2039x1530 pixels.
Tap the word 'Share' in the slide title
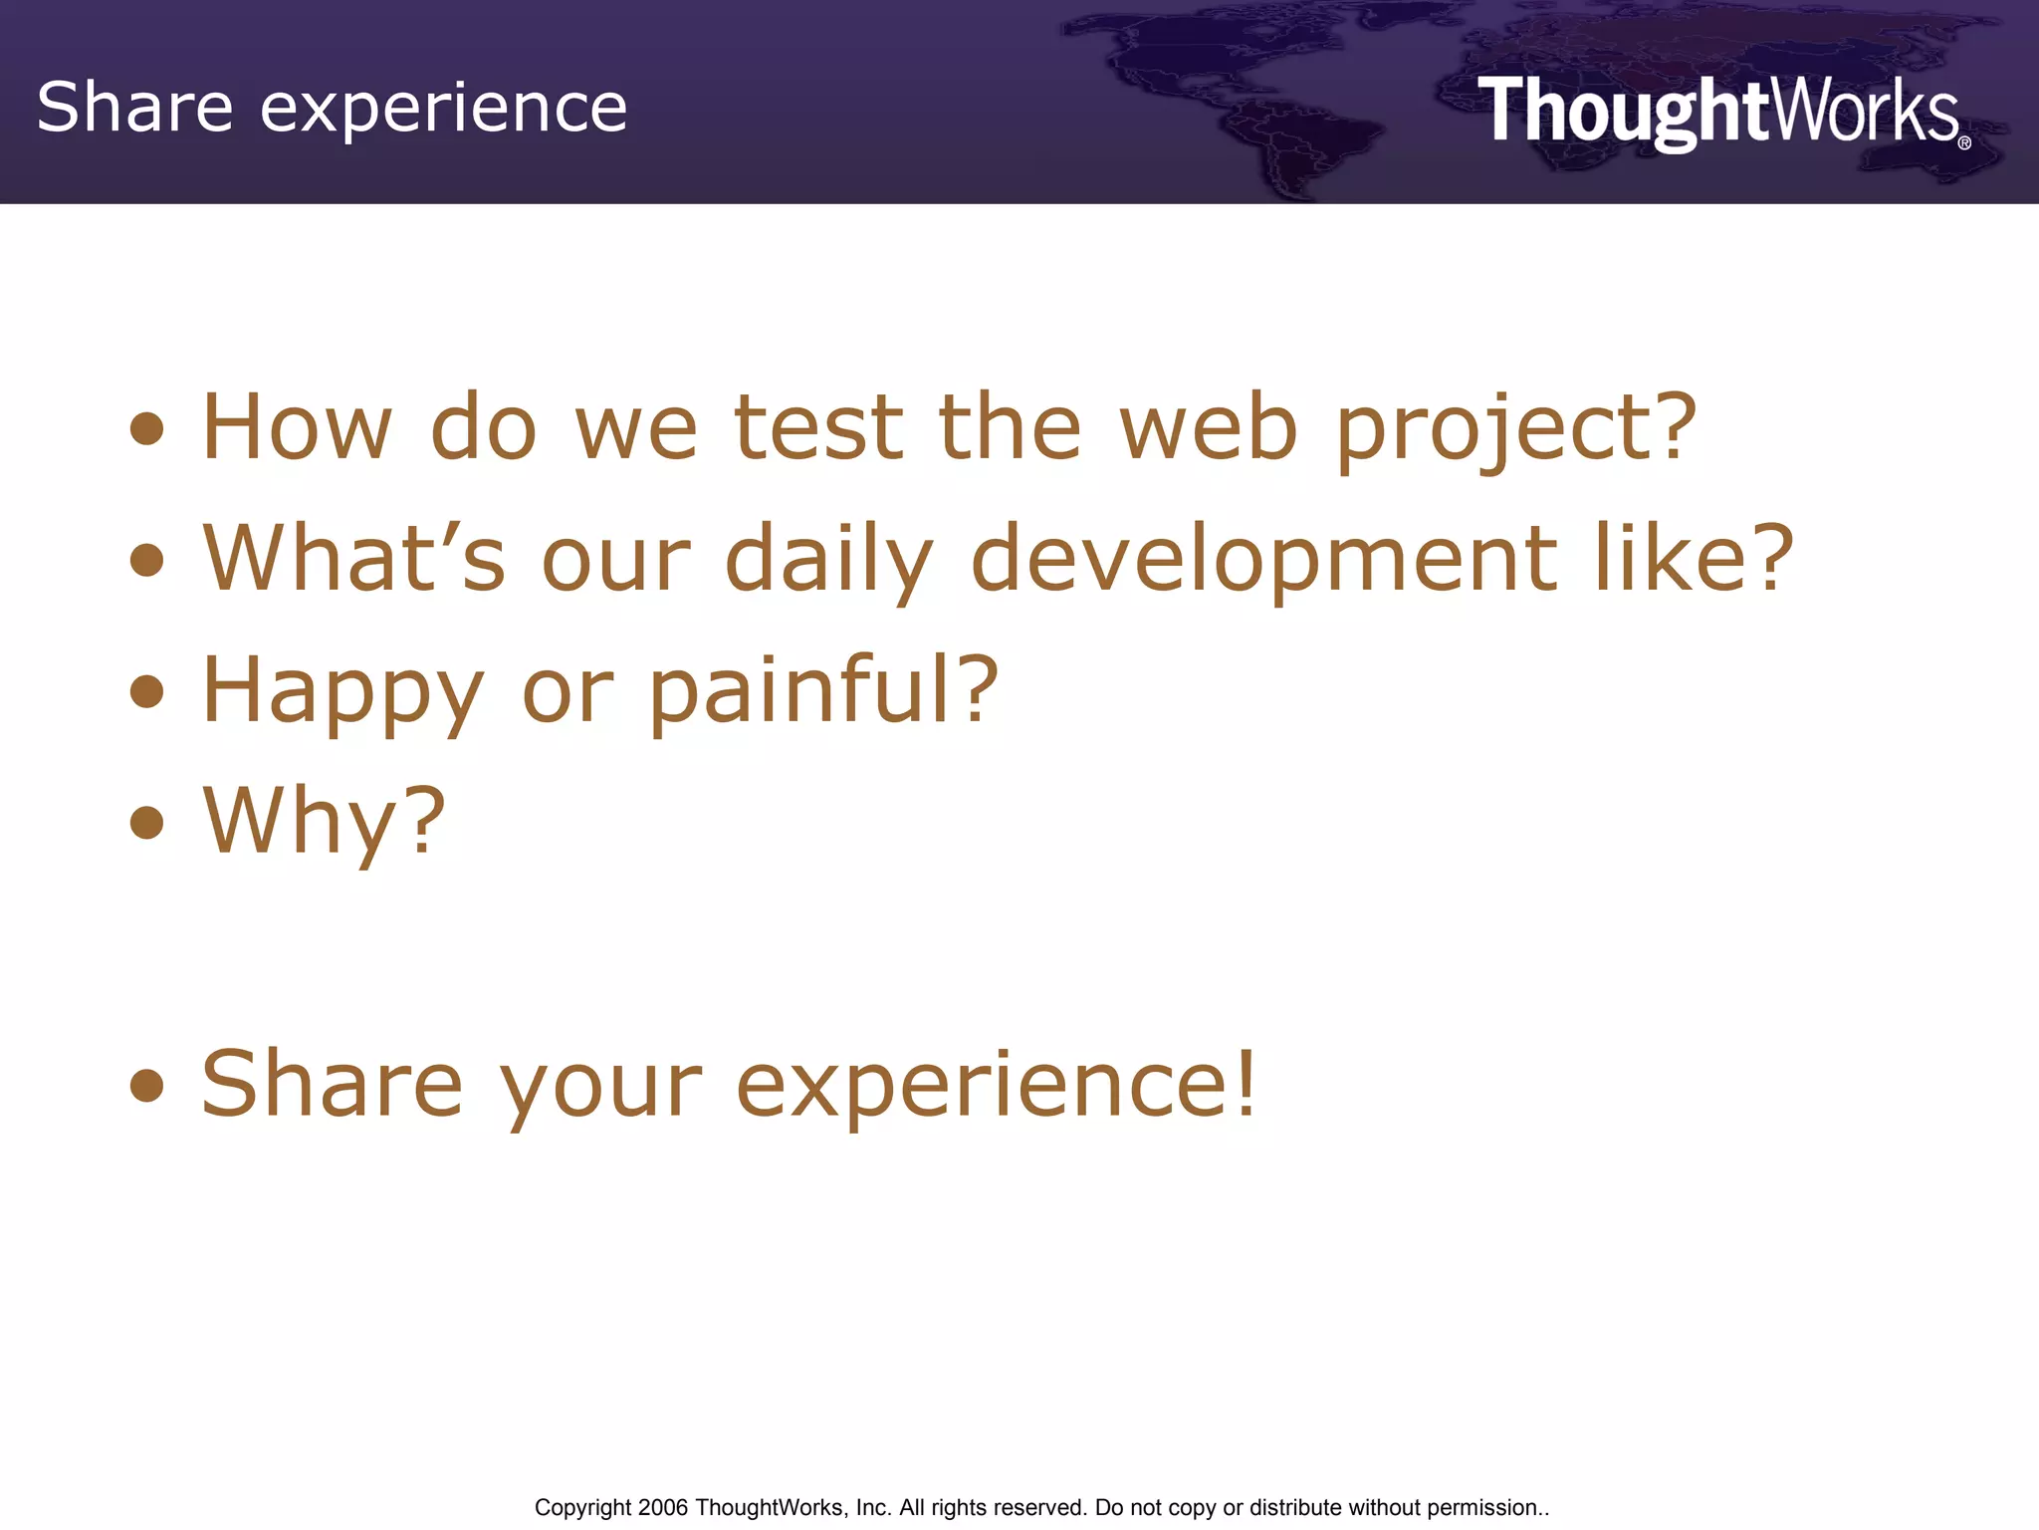pos(134,108)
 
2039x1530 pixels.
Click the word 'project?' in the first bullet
pos(1514,430)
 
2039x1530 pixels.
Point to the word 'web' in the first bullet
pos(1208,428)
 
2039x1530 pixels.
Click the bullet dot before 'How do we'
pos(147,429)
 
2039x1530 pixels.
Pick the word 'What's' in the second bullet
pos(353,559)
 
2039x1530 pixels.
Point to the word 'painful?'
pos(823,690)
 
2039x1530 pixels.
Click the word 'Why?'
pos(324,822)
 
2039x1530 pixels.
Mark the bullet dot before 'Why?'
pos(147,823)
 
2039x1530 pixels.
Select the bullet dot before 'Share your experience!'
pos(147,1085)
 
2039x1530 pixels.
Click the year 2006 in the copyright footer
pos(663,1508)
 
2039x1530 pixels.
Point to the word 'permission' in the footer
pos(1482,1508)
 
